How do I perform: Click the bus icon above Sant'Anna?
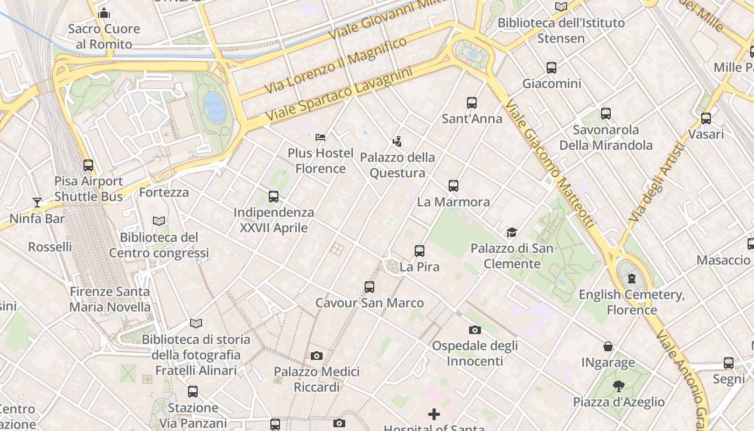[x=472, y=103]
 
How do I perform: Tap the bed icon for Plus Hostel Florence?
[x=320, y=137]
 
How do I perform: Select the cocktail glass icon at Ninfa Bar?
[x=37, y=203]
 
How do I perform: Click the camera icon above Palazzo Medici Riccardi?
[x=317, y=356]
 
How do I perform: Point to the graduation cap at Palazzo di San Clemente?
[x=511, y=233]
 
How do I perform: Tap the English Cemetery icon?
[x=631, y=279]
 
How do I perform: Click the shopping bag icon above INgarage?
[x=608, y=346]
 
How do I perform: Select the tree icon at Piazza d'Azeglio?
[x=618, y=386]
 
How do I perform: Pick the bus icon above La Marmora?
[x=453, y=186]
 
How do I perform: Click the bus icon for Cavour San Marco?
[x=369, y=287]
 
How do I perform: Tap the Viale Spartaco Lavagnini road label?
[x=339, y=94]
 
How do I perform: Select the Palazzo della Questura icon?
[x=397, y=142]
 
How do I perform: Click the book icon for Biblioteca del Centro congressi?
[x=159, y=221]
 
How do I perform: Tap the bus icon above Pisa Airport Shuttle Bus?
[x=88, y=165]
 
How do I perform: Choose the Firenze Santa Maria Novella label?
[x=110, y=300]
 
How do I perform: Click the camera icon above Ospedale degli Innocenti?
[x=474, y=330]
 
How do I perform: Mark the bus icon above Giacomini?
[x=551, y=68]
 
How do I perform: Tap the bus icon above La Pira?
[x=420, y=251]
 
